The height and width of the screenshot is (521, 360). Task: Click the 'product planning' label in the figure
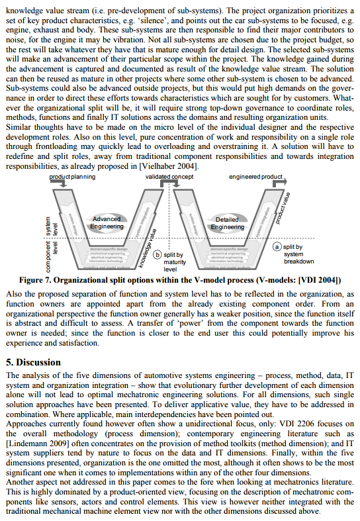pyautogui.click(x=72, y=177)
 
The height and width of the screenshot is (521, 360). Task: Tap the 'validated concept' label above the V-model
pyautogui.click(x=169, y=177)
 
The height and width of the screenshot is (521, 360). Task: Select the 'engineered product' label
pyautogui.click(x=255, y=177)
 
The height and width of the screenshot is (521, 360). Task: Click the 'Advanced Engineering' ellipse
pyautogui.click(x=107, y=222)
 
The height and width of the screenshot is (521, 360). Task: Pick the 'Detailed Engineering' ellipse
pyautogui.click(x=227, y=223)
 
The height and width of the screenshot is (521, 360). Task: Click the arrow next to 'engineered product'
pyautogui.click(x=285, y=178)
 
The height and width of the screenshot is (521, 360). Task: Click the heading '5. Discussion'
pyautogui.click(x=33, y=362)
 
